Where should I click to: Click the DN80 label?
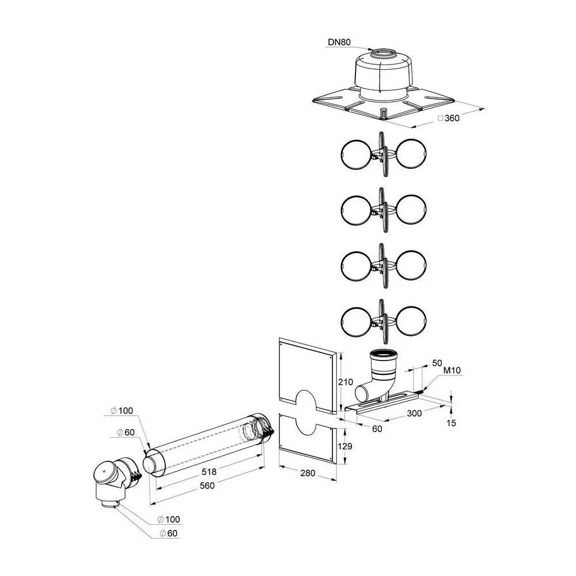coord(339,43)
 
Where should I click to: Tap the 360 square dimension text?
coord(450,118)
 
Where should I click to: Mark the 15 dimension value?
coord(451,423)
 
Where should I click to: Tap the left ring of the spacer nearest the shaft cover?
coord(354,156)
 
